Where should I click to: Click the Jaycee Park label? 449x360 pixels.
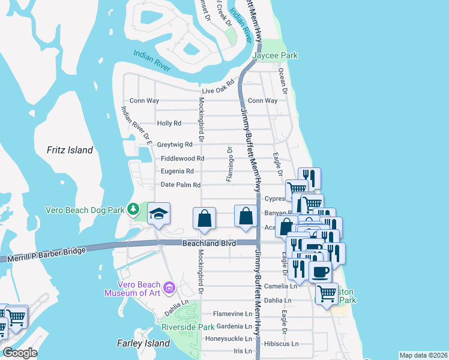pyautogui.click(x=275, y=56)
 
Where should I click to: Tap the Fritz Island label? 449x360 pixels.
pyautogui.click(x=70, y=150)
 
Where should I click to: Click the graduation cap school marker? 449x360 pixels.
pyautogui.click(x=159, y=214)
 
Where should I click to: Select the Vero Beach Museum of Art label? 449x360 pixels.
pyautogui.click(x=133, y=289)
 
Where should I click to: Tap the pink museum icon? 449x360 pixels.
pyautogui.click(x=169, y=289)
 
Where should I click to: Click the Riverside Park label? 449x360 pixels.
pyautogui.click(x=188, y=328)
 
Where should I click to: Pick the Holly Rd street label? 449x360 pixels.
pyautogui.click(x=169, y=124)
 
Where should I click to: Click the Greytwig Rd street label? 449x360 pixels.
pyautogui.click(x=175, y=145)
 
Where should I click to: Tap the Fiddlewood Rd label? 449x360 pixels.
pyautogui.click(x=182, y=158)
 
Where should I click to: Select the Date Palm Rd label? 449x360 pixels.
pyautogui.click(x=180, y=185)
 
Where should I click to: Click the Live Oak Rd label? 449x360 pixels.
pyautogui.click(x=217, y=88)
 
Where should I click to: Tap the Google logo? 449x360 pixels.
pyautogui.click(x=20, y=353)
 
